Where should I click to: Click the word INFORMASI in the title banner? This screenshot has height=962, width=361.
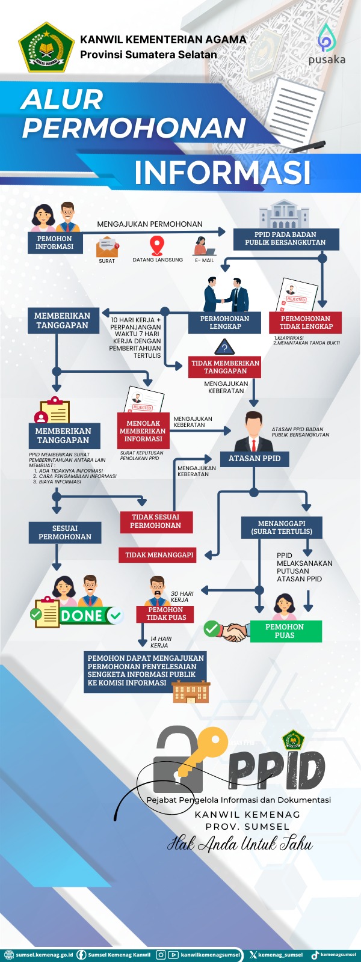click(x=223, y=172)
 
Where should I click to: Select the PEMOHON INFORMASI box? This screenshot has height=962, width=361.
click(x=55, y=242)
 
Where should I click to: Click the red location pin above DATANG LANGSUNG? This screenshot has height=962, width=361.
click(x=156, y=245)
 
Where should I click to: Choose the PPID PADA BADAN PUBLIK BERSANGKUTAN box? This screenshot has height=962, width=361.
click(x=285, y=239)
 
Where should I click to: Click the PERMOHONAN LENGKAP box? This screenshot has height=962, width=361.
click(x=224, y=323)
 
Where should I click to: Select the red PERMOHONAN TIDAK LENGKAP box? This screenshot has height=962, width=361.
click(x=305, y=323)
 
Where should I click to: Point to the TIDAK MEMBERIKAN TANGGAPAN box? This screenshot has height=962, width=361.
click(x=225, y=367)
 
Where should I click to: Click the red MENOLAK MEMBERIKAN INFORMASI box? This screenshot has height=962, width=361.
click(x=143, y=431)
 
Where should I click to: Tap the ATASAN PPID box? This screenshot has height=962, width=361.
click(x=254, y=459)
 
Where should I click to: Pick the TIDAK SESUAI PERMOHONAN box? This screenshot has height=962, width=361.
click(x=155, y=521)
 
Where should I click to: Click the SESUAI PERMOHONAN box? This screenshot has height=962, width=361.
click(x=65, y=533)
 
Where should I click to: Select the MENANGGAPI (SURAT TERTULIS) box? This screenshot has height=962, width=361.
click(x=282, y=528)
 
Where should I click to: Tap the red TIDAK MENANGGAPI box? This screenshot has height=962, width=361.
click(x=159, y=555)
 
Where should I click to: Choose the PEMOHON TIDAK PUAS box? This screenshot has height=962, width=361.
click(x=166, y=614)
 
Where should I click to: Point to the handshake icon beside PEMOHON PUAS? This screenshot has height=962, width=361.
click(x=235, y=632)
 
